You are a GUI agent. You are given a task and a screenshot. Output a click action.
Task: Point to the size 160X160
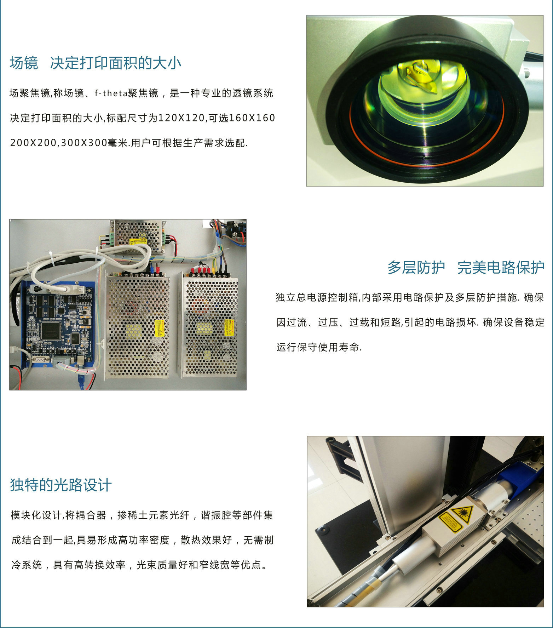(252, 118)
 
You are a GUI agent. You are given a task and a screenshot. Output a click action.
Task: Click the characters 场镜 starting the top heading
(24, 63)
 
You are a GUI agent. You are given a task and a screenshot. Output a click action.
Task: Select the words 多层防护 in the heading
(416, 267)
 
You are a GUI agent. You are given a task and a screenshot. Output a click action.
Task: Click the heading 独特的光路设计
(61, 485)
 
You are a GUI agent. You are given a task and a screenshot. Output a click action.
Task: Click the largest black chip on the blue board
(52, 330)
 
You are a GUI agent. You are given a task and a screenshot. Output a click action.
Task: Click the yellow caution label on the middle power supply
(160, 328)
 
